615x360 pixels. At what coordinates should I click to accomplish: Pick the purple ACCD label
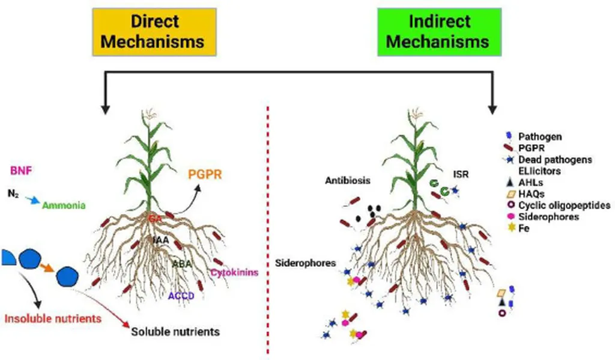point(182,296)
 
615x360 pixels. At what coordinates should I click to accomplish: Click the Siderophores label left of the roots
point(306,263)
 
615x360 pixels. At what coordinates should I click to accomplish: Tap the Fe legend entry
point(530,228)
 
